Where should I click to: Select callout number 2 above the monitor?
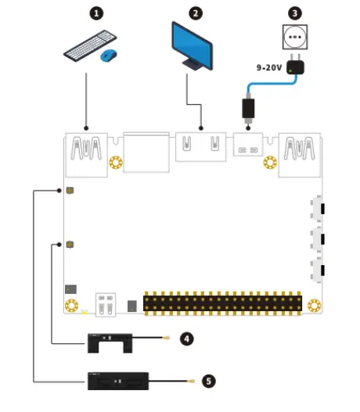coord(195,13)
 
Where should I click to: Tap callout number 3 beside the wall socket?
coord(294,13)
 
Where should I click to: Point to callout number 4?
coord(186,339)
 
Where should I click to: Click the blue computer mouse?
coord(109,56)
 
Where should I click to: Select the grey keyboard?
coord(85,49)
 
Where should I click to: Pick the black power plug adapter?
coord(294,70)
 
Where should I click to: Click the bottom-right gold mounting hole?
coord(315,305)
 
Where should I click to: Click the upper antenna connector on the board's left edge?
coord(70,191)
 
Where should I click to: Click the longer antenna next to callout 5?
coord(117,382)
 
